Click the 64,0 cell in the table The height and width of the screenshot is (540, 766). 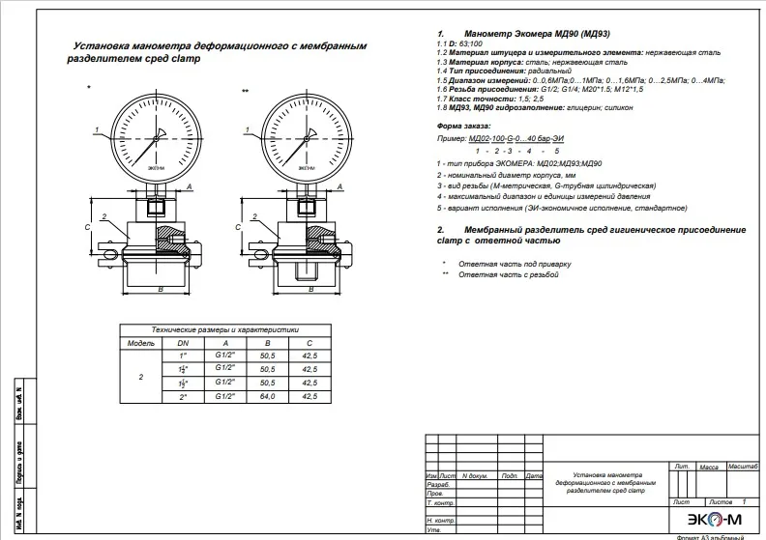point(268,396)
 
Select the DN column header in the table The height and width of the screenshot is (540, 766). point(184,342)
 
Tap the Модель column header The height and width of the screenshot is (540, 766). point(141,342)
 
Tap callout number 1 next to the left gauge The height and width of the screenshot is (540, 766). point(98,128)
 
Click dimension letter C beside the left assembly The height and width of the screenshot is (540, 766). point(87,226)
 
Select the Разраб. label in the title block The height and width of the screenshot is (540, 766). point(437,485)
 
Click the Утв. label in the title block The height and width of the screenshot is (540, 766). point(434,530)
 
